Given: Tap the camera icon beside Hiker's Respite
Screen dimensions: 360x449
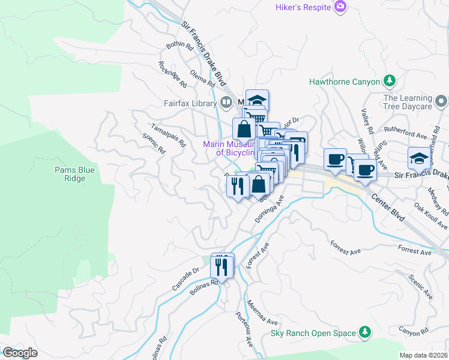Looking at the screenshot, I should point(341,6).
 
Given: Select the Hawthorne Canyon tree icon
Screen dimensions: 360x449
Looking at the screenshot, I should point(390,80).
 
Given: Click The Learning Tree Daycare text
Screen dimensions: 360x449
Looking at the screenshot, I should point(408,102).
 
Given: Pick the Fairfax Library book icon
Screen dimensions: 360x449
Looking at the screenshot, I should point(226,103).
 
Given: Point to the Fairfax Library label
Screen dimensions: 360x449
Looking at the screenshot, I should point(190,103).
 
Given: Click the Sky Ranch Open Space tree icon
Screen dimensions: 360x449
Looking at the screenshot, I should point(364,332).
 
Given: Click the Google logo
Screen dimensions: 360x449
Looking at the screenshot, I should point(20,353).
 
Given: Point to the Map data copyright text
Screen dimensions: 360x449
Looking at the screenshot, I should point(424,355).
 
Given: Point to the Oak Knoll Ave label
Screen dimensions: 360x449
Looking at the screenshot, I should point(431,215).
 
